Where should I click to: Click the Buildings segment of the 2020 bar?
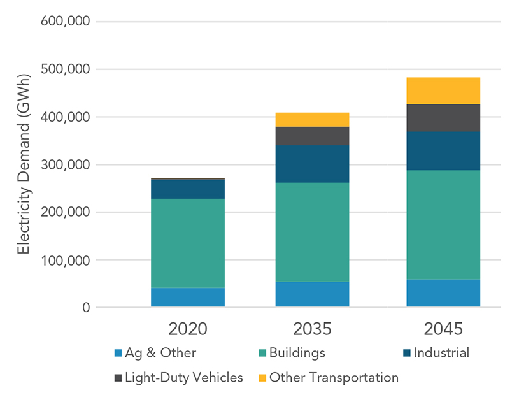187,243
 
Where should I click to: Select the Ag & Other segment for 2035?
312,294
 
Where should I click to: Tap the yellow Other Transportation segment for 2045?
443,90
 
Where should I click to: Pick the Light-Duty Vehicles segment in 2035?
312,136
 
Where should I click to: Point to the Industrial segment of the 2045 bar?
443,151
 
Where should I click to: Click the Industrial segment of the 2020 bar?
187,189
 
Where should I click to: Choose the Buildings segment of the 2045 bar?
443,225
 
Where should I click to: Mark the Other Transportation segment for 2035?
312,120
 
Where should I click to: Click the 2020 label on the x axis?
187,329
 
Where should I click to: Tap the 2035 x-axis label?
312,329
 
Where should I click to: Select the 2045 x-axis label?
443,329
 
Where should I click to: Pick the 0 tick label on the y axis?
84,308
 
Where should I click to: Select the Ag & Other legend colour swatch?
117,353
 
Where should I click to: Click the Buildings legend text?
297,353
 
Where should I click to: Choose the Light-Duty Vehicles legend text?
183,377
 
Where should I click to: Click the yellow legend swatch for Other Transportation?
261,378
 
